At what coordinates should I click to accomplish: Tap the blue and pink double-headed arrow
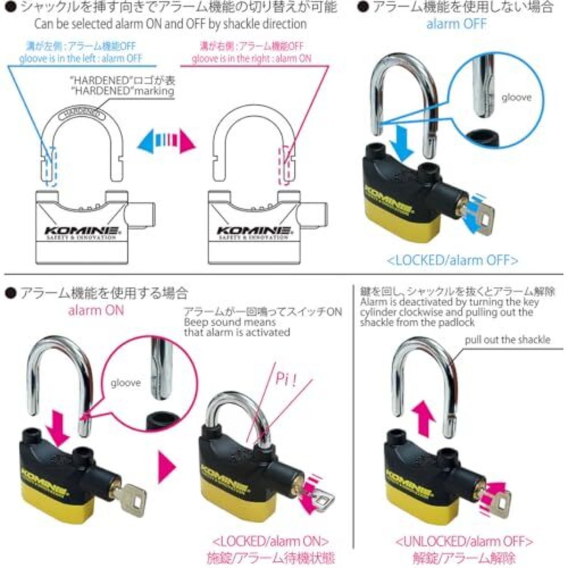tap(166, 142)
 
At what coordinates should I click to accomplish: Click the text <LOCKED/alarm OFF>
tap(452, 260)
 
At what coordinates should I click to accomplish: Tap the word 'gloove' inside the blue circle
tap(516, 97)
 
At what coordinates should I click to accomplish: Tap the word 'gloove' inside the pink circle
tap(126, 383)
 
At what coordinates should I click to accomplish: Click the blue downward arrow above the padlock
tap(402, 142)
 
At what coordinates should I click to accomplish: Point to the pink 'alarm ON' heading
tap(96, 310)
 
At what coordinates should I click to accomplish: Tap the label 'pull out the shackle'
tap(507, 340)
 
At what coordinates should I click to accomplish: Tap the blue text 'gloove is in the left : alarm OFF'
tap(80, 59)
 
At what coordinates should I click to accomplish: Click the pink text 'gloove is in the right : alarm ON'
tap(252, 59)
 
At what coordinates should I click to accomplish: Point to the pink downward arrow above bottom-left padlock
tap(60, 428)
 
